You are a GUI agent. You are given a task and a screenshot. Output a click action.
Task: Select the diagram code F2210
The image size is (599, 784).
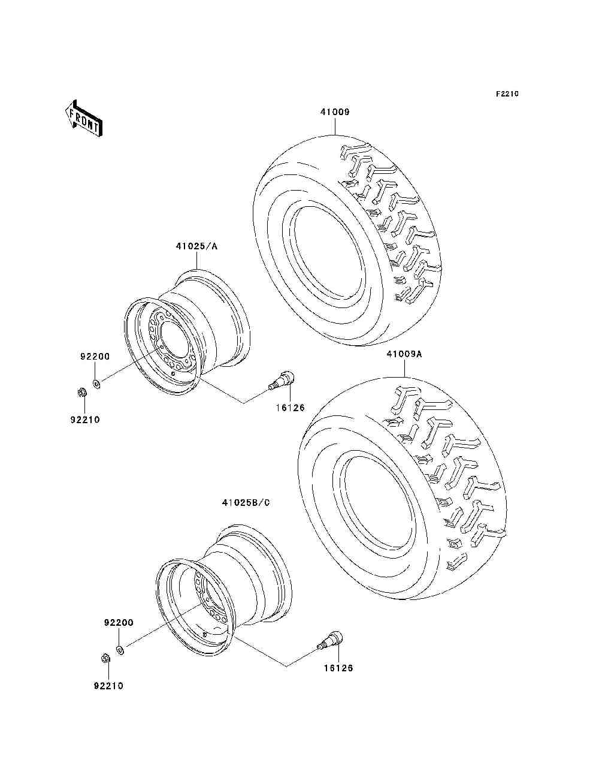[x=507, y=94]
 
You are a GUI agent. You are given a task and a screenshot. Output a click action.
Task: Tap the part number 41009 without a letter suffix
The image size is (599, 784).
[x=334, y=112]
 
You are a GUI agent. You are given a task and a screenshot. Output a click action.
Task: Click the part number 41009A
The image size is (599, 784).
[x=404, y=354]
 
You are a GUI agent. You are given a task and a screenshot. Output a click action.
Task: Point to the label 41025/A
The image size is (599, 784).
[x=196, y=246]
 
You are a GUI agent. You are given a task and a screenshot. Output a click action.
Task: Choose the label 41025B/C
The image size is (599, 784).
[x=246, y=502]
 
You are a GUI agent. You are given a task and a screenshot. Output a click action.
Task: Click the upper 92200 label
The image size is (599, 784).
[x=95, y=356]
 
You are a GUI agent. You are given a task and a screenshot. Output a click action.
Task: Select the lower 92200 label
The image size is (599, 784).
[x=119, y=623]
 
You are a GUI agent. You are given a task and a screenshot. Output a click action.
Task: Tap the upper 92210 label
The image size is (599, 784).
[x=84, y=420]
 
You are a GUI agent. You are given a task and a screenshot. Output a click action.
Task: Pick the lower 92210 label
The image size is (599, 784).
[x=108, y=686]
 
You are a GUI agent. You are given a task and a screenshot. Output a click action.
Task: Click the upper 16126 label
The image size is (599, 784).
[x=290, y=408]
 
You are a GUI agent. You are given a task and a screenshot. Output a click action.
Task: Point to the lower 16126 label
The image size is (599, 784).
[x=338, y=668]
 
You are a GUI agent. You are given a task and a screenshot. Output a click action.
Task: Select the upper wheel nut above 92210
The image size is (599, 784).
[x=83, y=392]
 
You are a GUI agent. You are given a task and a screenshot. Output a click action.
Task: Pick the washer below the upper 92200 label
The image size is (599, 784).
[x=97, y=382]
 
